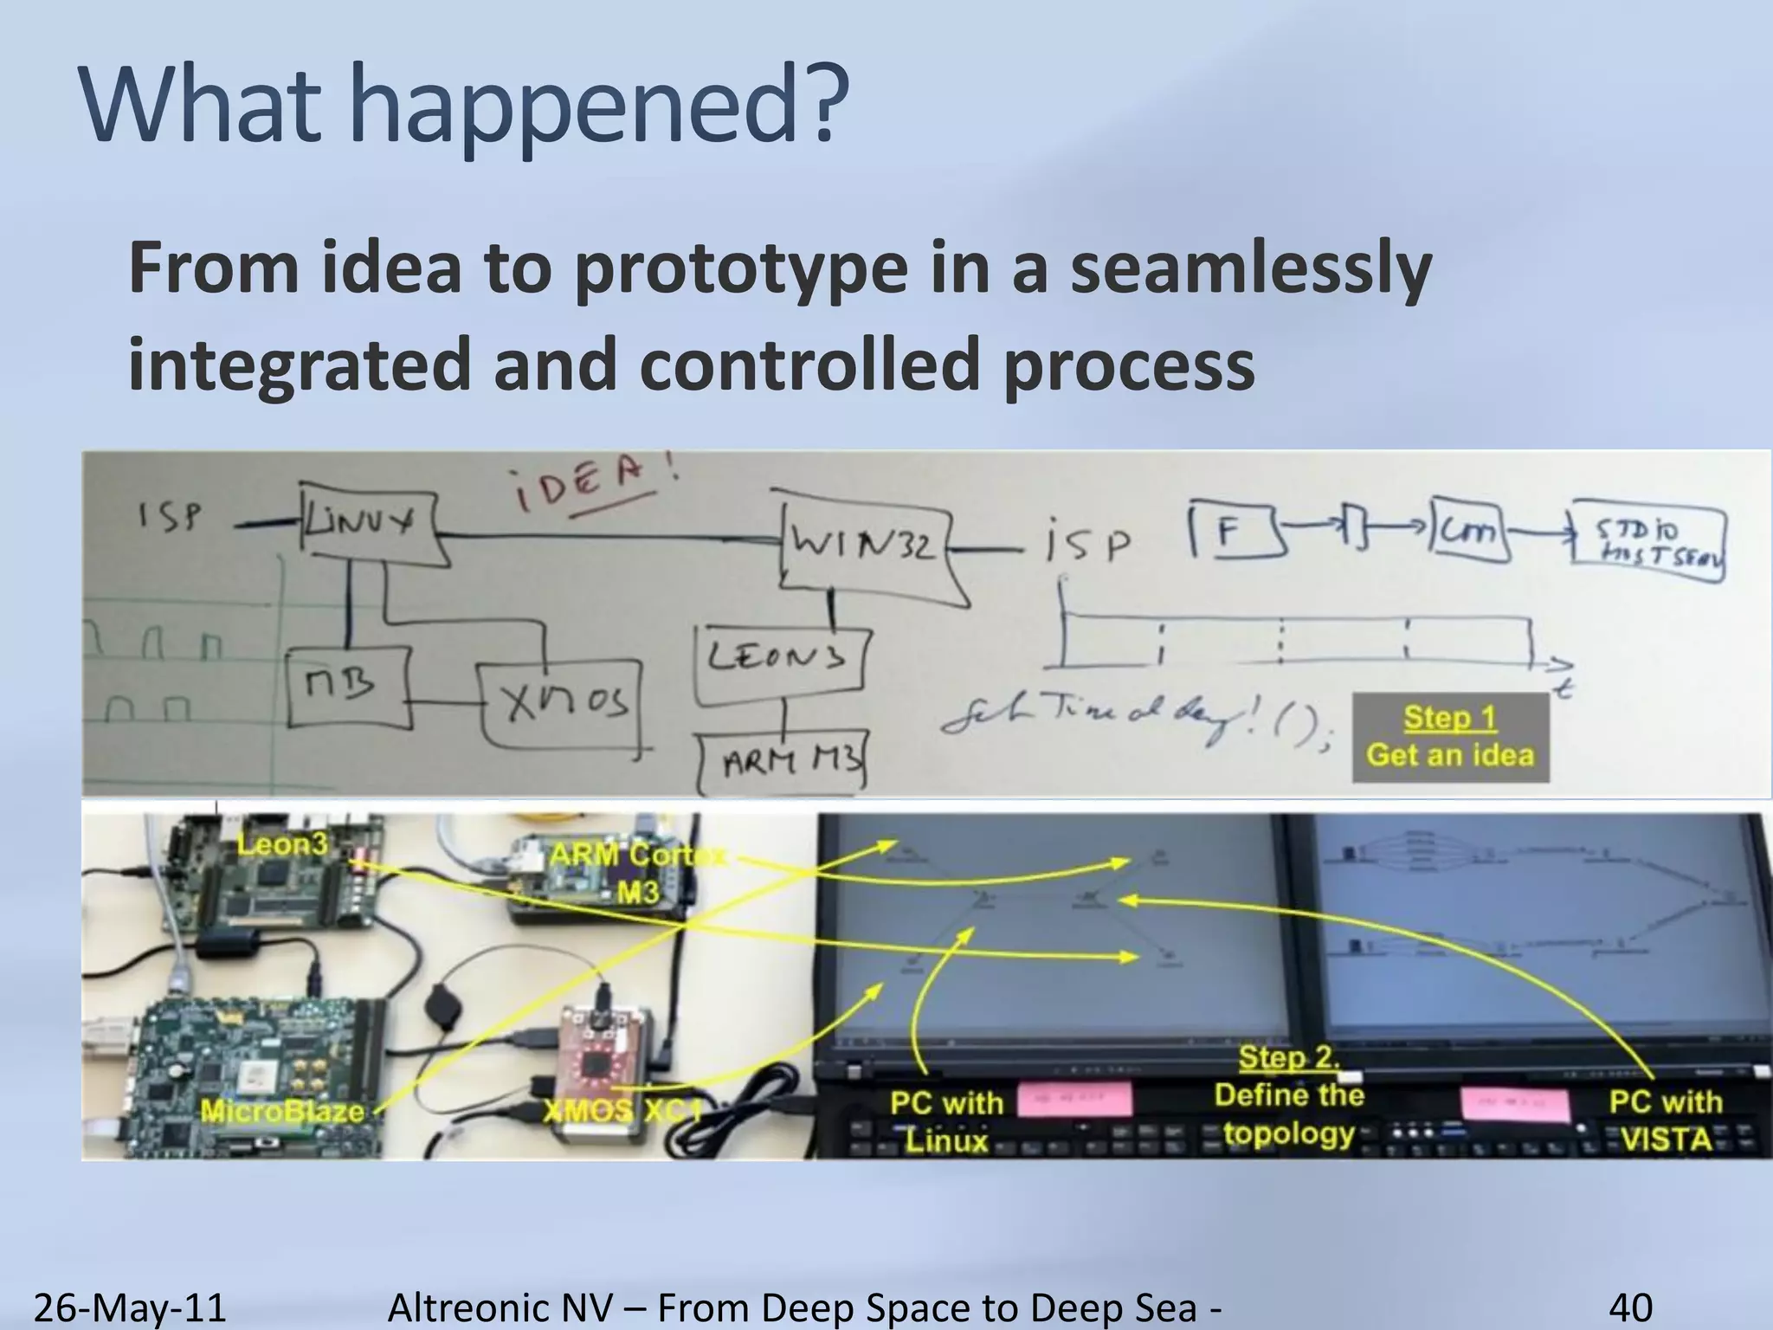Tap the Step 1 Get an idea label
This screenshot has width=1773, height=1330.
pyautogui.click(x=1450, y=736)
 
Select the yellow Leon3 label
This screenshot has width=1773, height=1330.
pyautogui.click(x=282, y=843)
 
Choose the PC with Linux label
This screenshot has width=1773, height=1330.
pyautogui.click(x=946, y=1121)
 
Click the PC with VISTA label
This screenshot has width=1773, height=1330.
pyautogui.click(x=1666, y=1120)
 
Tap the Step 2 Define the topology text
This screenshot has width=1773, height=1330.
pyautogui.click(x=1289, y=1095)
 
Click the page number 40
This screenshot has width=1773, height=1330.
pyautogui.click(x=1630, y=1307)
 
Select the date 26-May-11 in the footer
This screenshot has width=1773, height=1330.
pyautogui.click(x=130, y=1307)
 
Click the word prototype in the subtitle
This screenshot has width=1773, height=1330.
pyautogui.click(x=741, y=268)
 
